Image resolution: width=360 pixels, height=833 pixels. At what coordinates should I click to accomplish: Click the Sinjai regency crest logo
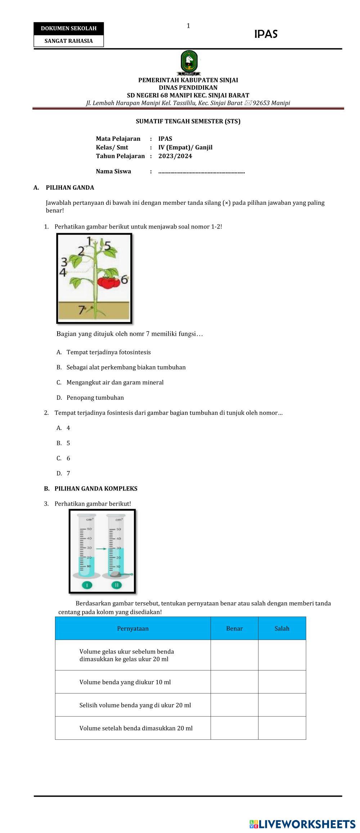click(x=189, y=63)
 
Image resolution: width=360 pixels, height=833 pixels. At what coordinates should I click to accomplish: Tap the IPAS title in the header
click(x=266, y=34)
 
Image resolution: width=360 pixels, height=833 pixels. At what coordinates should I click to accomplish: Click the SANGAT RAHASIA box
click(x=68, y=41)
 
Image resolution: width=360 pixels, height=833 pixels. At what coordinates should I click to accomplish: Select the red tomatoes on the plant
click(x=109, y=282)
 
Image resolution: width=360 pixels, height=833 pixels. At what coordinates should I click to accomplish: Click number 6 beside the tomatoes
click(x=124, y=279)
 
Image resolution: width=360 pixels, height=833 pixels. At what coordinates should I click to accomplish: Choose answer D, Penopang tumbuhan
click(x=95, y=398)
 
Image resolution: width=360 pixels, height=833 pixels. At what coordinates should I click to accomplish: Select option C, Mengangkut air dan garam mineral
click(x=115, y=382)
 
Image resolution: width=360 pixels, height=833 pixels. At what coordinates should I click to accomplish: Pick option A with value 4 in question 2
click(x=68, y=428)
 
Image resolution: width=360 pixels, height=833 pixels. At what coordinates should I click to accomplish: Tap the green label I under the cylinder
click(x=87, y=585)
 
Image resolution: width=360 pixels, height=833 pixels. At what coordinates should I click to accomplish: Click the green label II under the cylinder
click(x=117, y=585)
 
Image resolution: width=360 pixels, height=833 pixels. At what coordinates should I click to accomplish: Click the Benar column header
click(x=234, y=629)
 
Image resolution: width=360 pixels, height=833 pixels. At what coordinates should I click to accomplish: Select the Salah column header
click(x=282, y=629)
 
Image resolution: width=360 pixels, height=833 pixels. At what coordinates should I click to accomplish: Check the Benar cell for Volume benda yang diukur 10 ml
click(x=234, y=682)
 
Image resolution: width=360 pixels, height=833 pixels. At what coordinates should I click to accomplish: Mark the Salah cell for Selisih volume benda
click(x=282, y=705)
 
